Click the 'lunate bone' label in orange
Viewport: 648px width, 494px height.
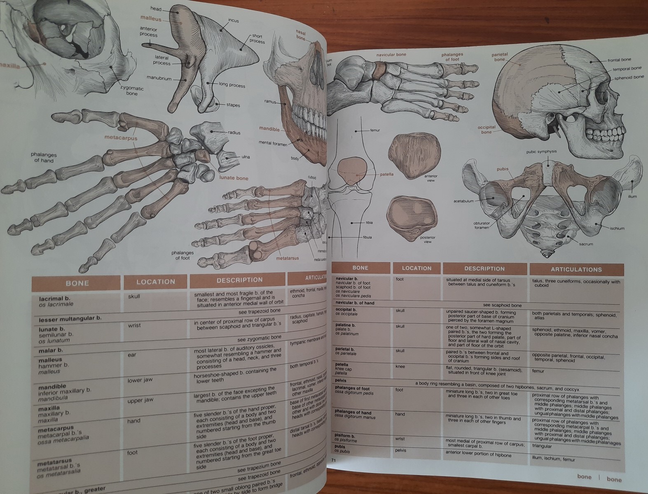click(234, 178)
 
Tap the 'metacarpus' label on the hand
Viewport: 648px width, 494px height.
click(121, 138)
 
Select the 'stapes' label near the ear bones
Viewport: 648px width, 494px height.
click(233, 105)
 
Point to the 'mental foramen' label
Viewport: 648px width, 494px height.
click(273, 143)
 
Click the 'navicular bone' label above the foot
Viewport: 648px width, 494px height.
click(391, 54)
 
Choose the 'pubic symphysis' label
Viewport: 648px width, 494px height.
click(541, 151)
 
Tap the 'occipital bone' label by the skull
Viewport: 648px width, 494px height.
click(487, 130)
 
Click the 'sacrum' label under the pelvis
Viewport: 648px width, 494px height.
click(586, 244)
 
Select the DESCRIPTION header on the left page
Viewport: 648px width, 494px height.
click(239, 280)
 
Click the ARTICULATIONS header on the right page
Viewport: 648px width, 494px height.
click(576, 270)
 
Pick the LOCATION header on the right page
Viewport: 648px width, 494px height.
click(416, 268)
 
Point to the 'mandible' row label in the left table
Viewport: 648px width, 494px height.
click(52, 387)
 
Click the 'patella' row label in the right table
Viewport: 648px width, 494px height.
click(342, 364)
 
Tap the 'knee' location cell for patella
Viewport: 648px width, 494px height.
click(400, 366)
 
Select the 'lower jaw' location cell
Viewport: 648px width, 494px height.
click(140, 380)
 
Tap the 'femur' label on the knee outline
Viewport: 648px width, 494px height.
click(374, 130)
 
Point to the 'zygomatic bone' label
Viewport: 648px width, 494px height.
click(132, 91)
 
